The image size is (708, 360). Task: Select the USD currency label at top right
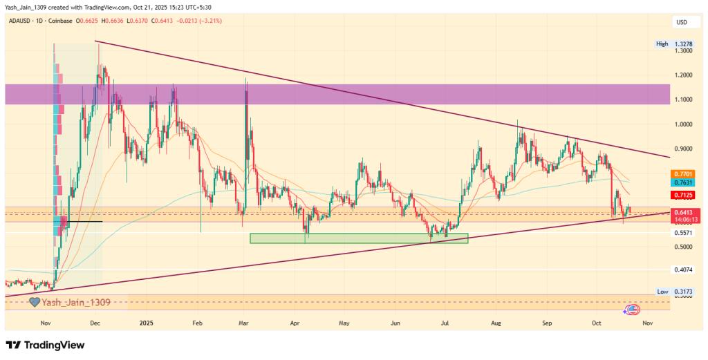tap(682, 22)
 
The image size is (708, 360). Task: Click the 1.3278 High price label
tap(684, 44)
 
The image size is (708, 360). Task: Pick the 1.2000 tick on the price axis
tap(684, 75)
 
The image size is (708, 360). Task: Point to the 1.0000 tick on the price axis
tap(684, 124)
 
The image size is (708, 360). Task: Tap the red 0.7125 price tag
tap(684, 196)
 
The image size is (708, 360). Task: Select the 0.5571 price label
tap(684, 233)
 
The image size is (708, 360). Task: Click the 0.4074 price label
tap(684, 269)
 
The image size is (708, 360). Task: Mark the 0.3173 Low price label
tap(684, 292)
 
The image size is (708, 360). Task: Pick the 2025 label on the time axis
tap(146, 323)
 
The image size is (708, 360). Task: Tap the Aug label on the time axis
tap(496, 323)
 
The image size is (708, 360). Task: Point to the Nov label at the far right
tap(646, 323)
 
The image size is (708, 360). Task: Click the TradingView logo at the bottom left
tap(45, 345)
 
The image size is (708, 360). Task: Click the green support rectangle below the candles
tap(359, 238)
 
